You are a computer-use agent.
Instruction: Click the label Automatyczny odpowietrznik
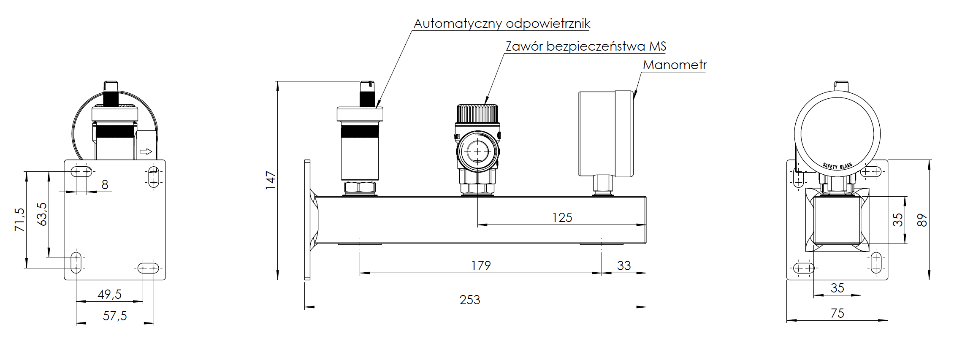click(x=501, y=24)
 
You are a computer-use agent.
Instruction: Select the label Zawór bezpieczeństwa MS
click(x=585, y=46)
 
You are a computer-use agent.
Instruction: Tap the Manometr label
click(x=674, y=65)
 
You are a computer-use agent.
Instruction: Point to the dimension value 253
click(x=470, y=300)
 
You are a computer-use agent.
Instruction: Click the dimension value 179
click(x=481, y=265)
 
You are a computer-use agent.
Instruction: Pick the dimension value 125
click(x=562, y=218)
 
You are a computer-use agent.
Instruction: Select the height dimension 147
click(x=271, y=180)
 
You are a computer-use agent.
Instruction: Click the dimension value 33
click(x=624, y=265)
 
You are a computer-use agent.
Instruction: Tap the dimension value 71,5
click(x=20, y=219)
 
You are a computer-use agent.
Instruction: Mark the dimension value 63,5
click(x=42, y=214)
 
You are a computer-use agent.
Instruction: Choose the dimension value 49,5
click(x=110, y=294)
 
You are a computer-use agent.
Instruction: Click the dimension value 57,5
click(x=115, y=316)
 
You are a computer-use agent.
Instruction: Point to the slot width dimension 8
click(x=105, y=184)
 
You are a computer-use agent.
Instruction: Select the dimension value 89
click(x=922, y=220)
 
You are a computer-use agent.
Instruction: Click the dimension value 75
click(x=837, y=314)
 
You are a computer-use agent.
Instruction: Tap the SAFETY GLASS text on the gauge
click(x=837, y=166)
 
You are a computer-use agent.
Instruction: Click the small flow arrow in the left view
click(x=146, y=152)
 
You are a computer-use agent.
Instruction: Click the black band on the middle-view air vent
click(x=360, y=132)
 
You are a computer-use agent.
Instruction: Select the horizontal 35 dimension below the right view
click(x=837, y=288)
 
